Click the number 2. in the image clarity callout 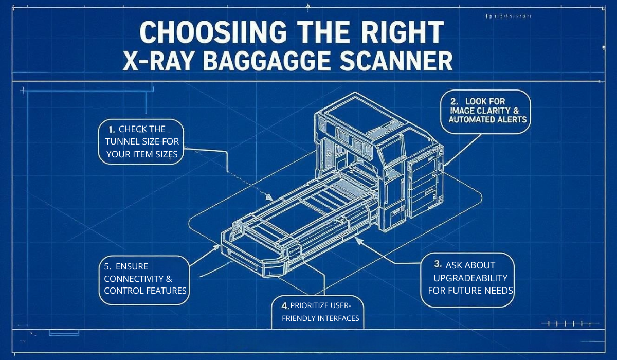(454, 101)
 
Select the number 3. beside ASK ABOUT (438, 264)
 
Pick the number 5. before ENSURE (107, 266)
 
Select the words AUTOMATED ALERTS (487, 120)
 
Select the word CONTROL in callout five (122, 291)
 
